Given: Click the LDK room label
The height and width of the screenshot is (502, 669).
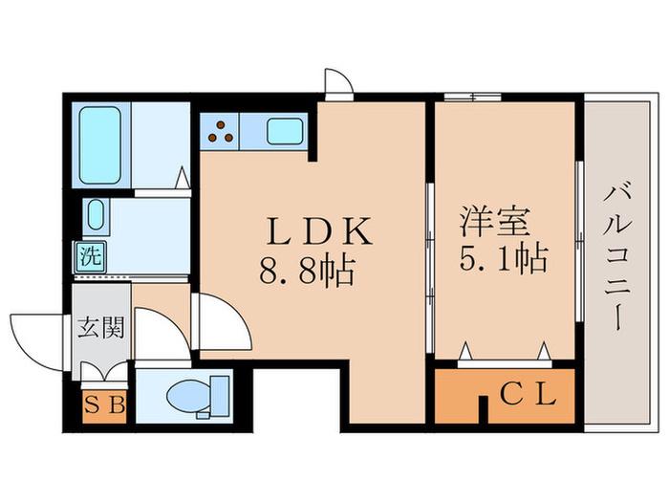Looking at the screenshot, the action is click(x=319, y=231).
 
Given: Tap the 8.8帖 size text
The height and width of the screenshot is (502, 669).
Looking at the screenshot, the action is click(x=307, y=271).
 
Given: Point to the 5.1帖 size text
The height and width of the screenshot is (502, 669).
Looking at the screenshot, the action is click(x=504, y=258).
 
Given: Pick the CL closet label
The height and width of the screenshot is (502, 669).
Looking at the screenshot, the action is click(x=529, y=394).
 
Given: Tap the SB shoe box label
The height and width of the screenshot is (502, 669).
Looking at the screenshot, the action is click(x=104, y=405).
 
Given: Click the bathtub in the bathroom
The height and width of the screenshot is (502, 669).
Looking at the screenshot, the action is click(x=100, y=145).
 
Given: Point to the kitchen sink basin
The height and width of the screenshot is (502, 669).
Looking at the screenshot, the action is click(x=285, y=132).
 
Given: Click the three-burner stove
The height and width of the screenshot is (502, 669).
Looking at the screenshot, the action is click(x=220, y=132).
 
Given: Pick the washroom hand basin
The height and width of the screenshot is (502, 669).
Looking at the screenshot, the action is click(x=96, y=215).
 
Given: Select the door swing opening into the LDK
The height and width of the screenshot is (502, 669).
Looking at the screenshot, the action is click(x=221, y=321).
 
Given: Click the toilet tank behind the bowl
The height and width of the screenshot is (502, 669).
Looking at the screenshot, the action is click(x=220, y=395).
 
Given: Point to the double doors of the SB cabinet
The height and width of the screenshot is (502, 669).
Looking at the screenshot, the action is click(x=103, y=371).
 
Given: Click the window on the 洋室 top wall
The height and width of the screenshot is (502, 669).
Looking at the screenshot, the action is click(x=472, y=97).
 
